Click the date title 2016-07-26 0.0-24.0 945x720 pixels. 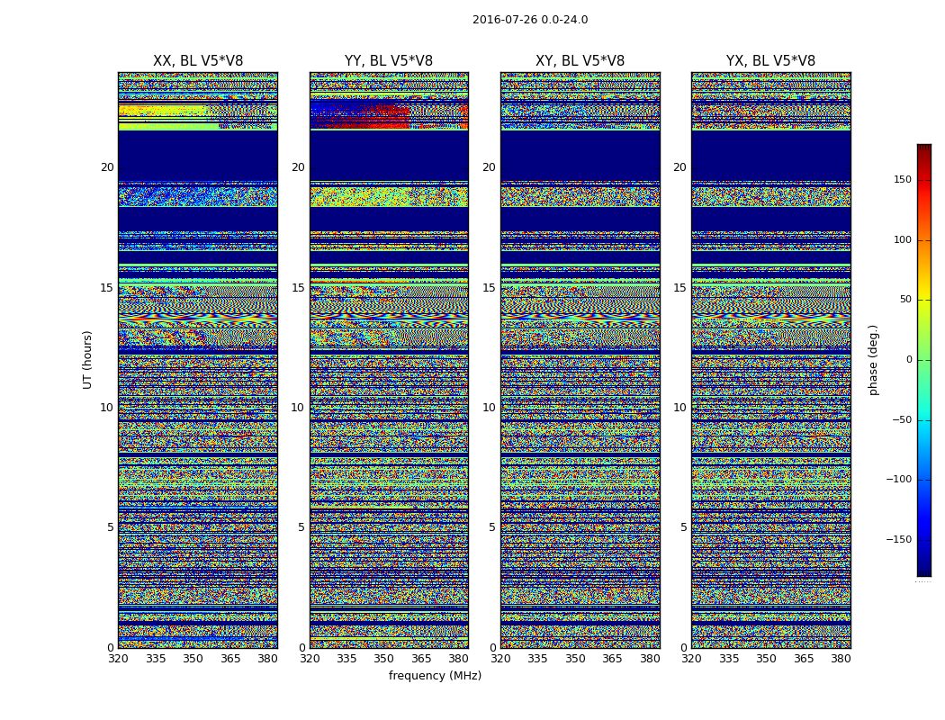point(530,20)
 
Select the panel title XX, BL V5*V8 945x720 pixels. point(198,61)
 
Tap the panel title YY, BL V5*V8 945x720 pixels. point(389,61)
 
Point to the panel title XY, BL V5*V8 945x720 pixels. point(580,61)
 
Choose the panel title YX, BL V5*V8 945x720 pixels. point(770,61)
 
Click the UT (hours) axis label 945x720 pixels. point(88,359)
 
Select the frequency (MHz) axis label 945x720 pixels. point(435,676)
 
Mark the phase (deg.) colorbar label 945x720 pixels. point(873,359)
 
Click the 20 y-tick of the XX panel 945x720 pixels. point(107,167)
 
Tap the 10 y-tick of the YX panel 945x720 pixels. point(679,408)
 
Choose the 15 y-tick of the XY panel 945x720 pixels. point(489,288)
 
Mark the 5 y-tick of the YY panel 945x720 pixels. point(301,527)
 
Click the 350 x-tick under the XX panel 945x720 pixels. point(193,659)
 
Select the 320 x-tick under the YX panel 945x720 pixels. point(691,659)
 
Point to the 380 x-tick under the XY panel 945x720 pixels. point(650,659)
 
